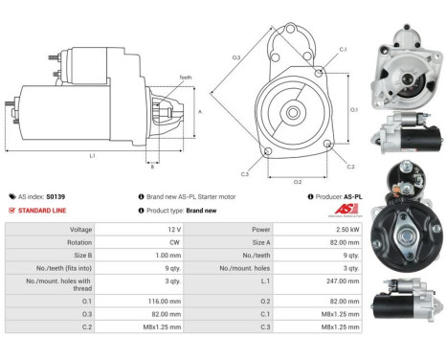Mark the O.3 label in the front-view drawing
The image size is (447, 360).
pyautogui.click(x=235, y=58)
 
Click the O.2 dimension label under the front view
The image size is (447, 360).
pyautogui.click(x=298, y=180)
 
